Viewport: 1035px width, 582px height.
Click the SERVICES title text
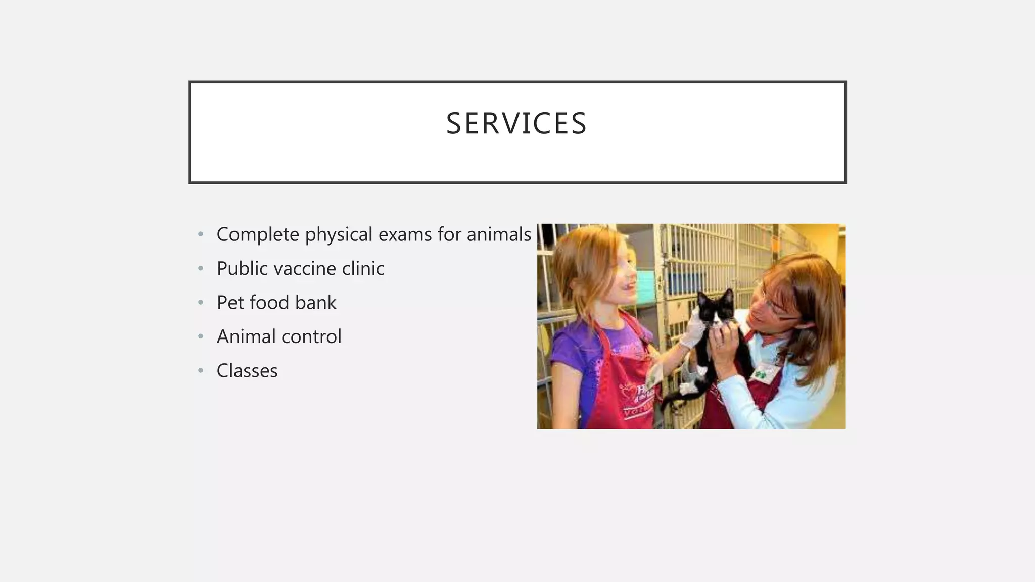tap(516, 124)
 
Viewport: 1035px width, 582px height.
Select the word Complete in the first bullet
tap(258, 234)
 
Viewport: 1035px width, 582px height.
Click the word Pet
tap(230, 303)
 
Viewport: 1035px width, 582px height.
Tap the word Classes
tap(247, 371)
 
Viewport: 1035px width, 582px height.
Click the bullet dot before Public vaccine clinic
tap(201, 268)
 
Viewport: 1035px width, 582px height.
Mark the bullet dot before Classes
tap(201, 371)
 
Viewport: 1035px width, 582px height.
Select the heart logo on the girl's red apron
tap(629, 392)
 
